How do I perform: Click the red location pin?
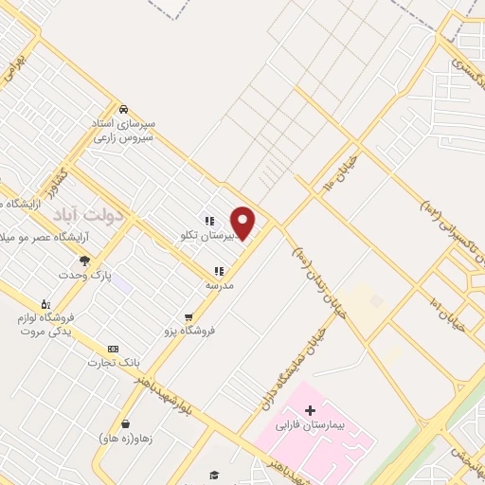click(x=243, y=222)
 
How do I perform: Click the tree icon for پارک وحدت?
click(x=83, y=260)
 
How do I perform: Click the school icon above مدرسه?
click(x=219, y=271)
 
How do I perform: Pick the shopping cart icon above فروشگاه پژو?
click(x=189, y=316)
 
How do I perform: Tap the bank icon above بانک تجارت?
click(x=114, y=349)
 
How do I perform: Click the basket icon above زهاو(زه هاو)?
click(x=125, y=423)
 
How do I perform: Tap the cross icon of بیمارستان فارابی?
click(x=311, y=410)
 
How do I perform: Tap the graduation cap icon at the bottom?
click(x=215, y=475)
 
